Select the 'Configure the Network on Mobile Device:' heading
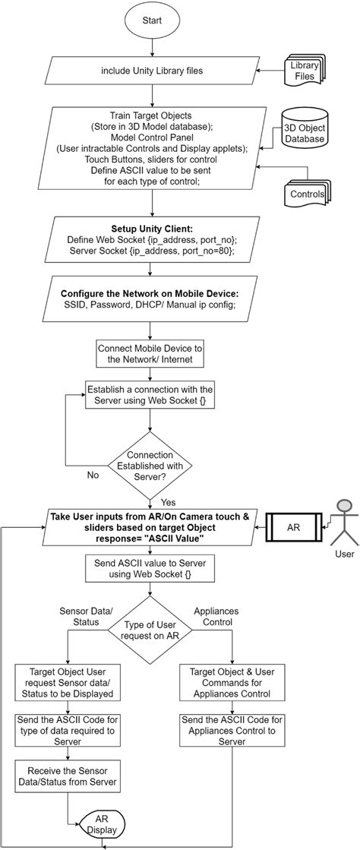tap(153, 294)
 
